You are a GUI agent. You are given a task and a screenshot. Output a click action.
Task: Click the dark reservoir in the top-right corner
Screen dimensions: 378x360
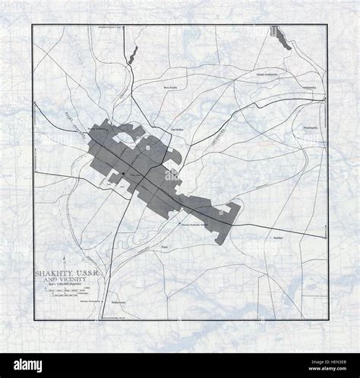[x=283, y=37]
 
